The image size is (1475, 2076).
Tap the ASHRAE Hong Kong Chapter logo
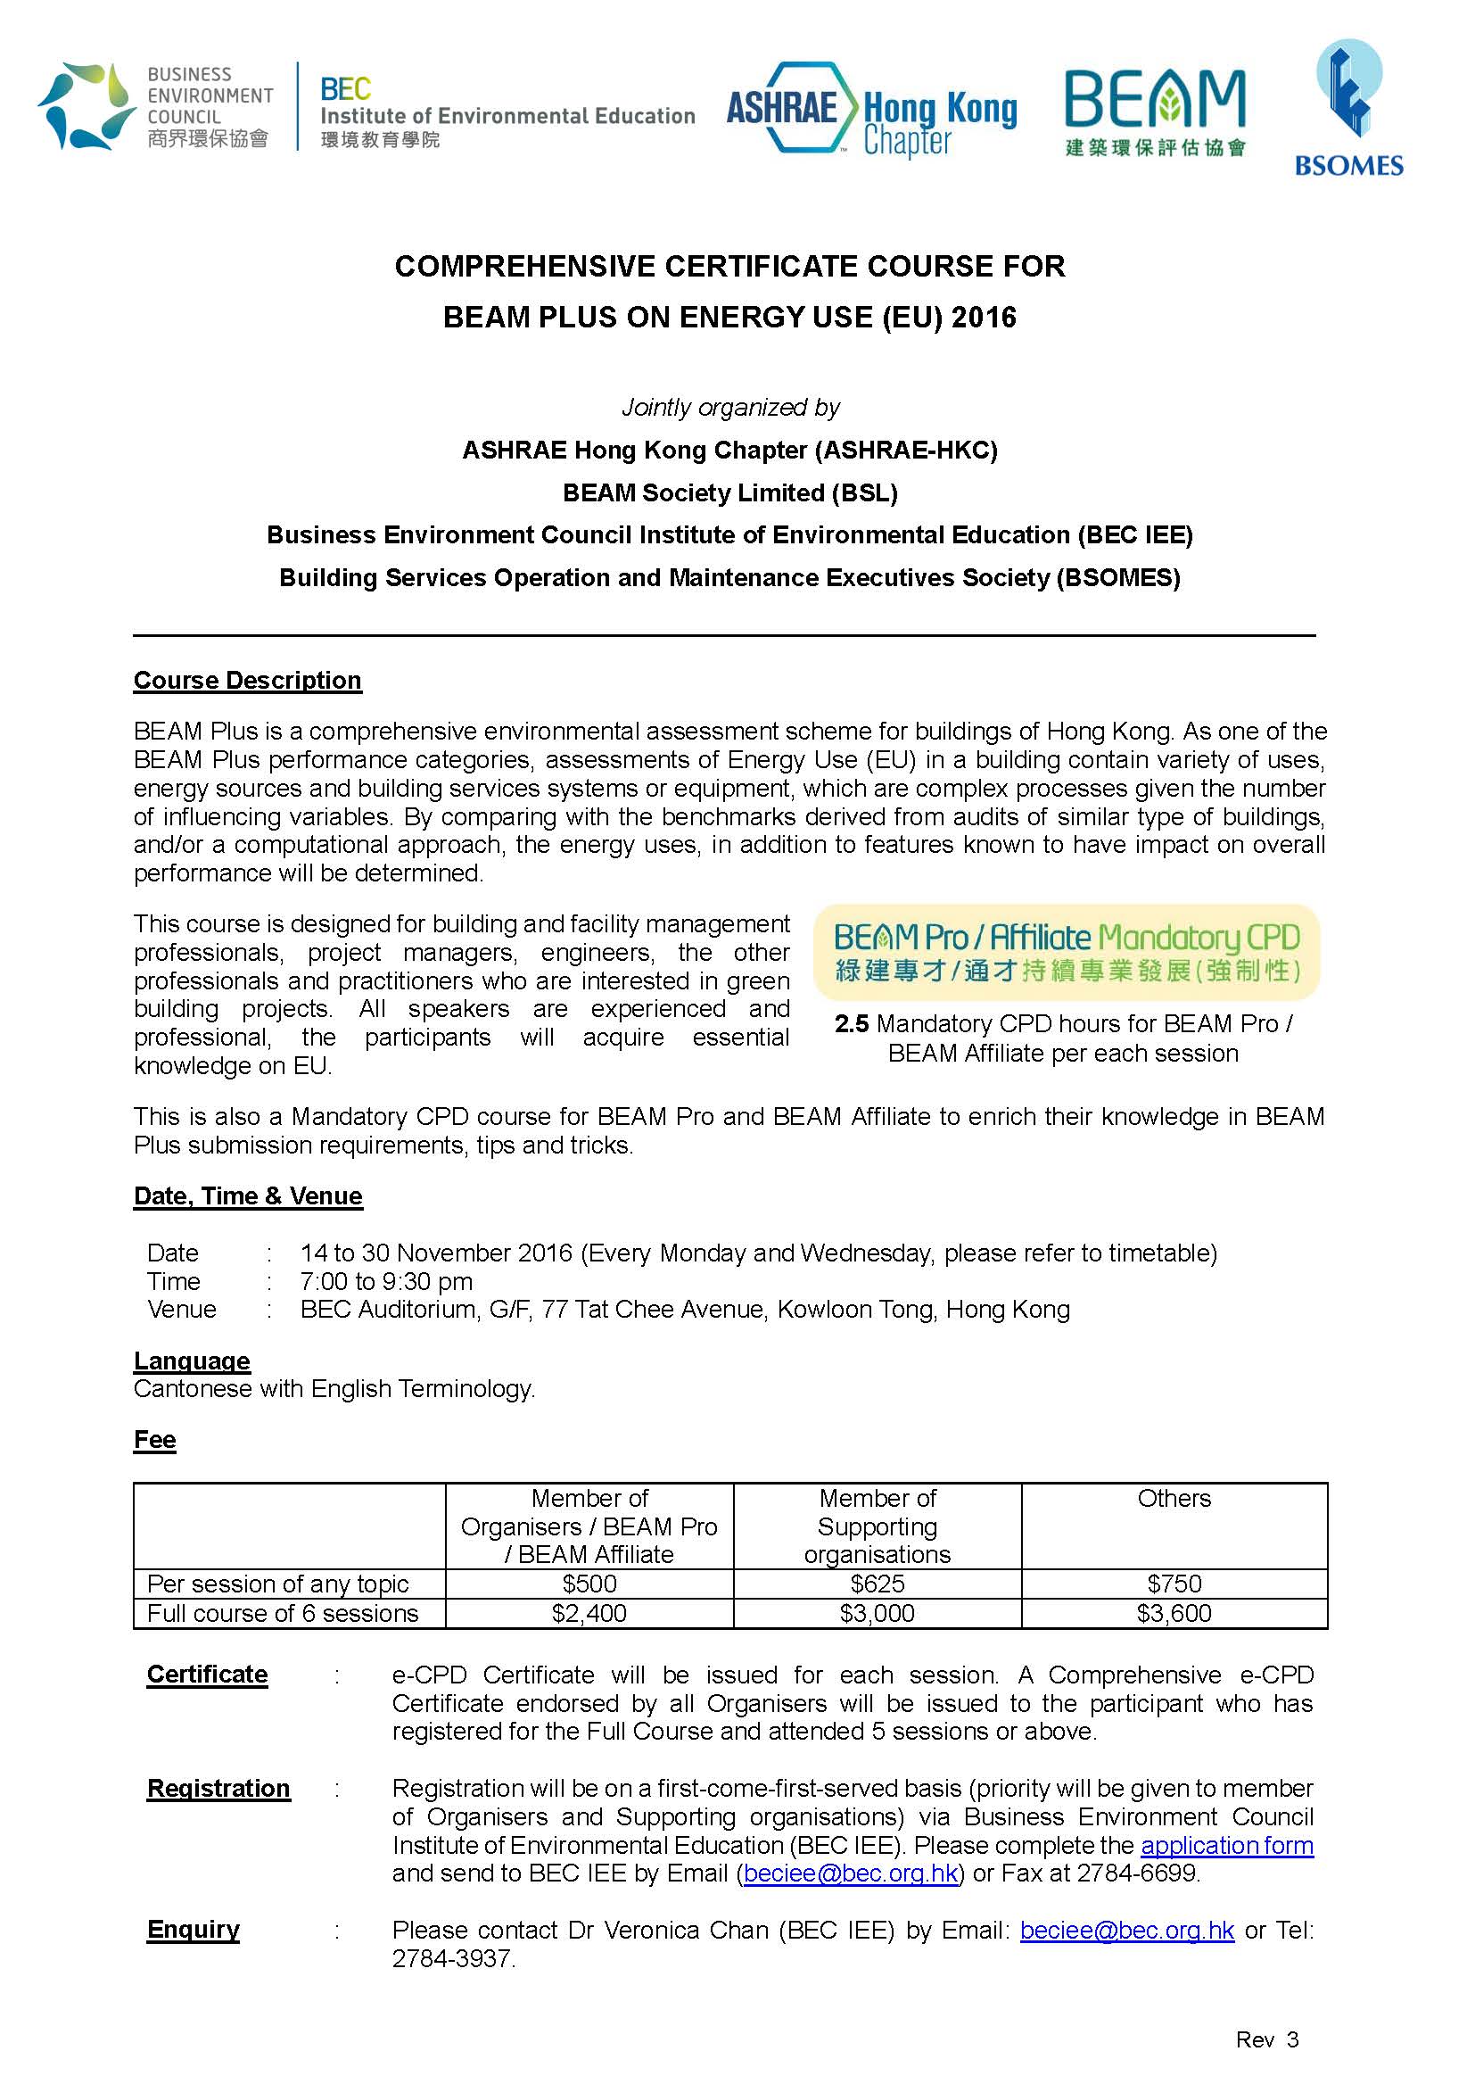click(871, 110)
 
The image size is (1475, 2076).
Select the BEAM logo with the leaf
click(1154, 111)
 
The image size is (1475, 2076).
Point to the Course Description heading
click(247, 681)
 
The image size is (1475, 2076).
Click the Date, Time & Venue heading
click(247, 1195)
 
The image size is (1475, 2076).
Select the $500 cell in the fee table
click(589, 1584)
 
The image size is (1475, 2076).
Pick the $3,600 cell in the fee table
click(1174, 1613)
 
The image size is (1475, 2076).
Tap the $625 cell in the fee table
click(877, 1584)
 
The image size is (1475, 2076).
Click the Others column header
click(1174, 1498)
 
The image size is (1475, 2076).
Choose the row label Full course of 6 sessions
click(283, 1613)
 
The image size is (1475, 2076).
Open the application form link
click(1226, 1845)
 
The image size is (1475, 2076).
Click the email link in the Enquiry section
click(1126, 1930)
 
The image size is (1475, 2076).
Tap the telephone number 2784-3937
click(452, 1958)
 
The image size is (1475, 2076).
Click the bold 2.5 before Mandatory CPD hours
click(851, 1024)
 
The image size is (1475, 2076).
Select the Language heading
click(192, 1361)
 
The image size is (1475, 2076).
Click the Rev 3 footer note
click(1266, 2039)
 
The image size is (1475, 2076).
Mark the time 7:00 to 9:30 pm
click(386, 1281)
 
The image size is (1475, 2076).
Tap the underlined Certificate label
click(207, 1675)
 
